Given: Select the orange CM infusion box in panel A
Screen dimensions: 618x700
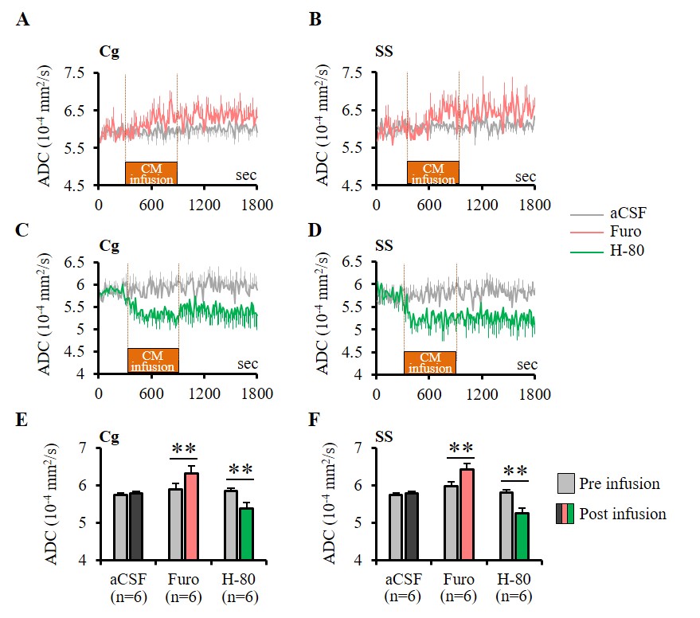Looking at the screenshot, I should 151,173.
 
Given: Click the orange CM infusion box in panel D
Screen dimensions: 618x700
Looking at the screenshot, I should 430,362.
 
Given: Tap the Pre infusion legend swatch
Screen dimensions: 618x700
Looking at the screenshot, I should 567,483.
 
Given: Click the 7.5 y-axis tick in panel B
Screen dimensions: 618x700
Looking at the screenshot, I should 354,73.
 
